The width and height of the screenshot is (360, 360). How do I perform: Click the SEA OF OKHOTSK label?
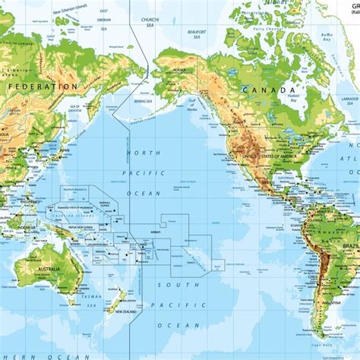pyautogui.click(x=74, y=108)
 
